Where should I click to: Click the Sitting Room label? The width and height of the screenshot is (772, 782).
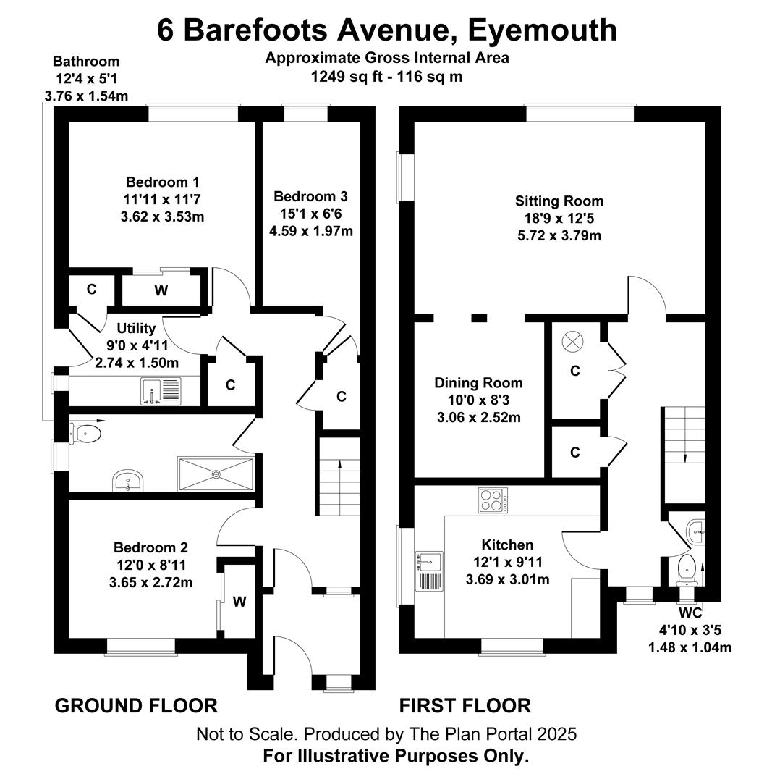tap(559, 201)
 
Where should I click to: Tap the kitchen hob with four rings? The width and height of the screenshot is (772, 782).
tap(493, 500)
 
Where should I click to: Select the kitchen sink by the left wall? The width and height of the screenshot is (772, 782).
tap(429, 571)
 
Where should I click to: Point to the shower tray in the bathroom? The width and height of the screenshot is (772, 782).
tap(216, 474)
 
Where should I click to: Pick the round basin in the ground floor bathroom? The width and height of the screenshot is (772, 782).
tap(128, 480)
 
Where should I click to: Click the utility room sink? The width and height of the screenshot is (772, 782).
tap(161, 392)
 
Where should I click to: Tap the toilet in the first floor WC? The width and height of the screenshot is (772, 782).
tap(688, 571)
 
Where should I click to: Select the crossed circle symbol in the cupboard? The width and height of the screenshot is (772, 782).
tap(572, 342)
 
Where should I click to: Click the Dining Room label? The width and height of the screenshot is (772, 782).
tap(478, 383)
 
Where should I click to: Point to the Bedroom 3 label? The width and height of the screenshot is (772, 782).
tap(310, 196)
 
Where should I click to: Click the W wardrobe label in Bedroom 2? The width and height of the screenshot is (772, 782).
tap(239, 602)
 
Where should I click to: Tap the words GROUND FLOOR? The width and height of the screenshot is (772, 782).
tap(136, 706)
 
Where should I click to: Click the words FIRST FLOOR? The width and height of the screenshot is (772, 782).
tap(465, 706)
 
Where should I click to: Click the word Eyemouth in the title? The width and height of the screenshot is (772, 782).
tap(542, 30)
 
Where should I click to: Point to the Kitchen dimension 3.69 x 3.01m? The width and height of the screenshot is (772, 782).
tap(508, 579)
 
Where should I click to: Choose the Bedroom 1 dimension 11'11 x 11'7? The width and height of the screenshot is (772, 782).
tap(163, 200)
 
